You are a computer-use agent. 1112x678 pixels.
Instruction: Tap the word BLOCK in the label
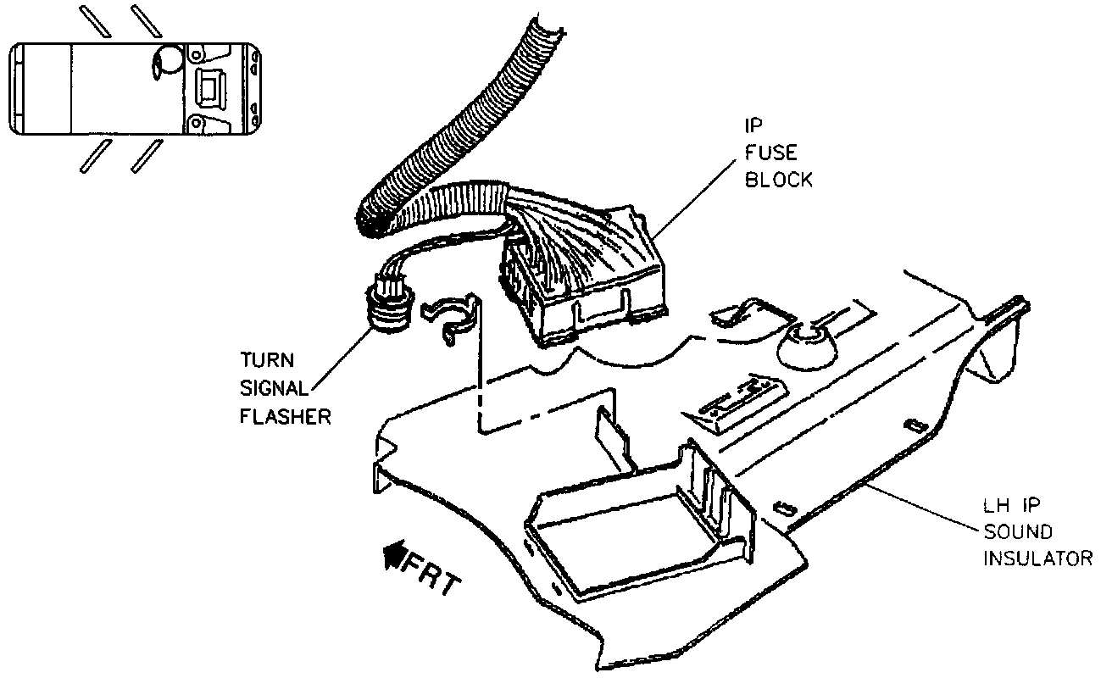pyautogui.click(x=778, y=180)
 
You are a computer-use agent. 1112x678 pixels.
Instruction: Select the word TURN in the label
pyautogui.click(x=266, y=359)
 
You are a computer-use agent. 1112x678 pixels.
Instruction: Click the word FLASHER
pyautogui.click(x=285, y=416)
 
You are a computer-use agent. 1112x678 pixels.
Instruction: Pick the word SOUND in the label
pyautogui.click(x=1017, y=531)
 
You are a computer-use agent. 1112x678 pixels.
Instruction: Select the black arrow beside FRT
pyautogui.click(x=392, y=555)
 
